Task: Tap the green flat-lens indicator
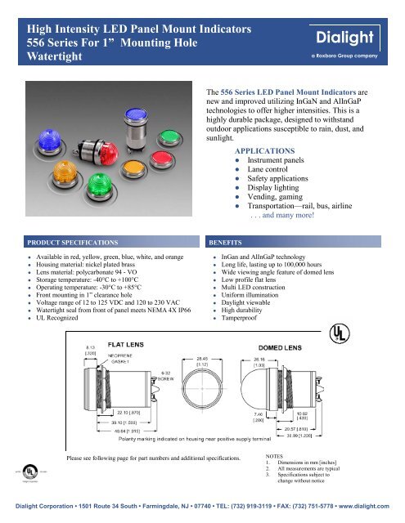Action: [173, 130]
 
